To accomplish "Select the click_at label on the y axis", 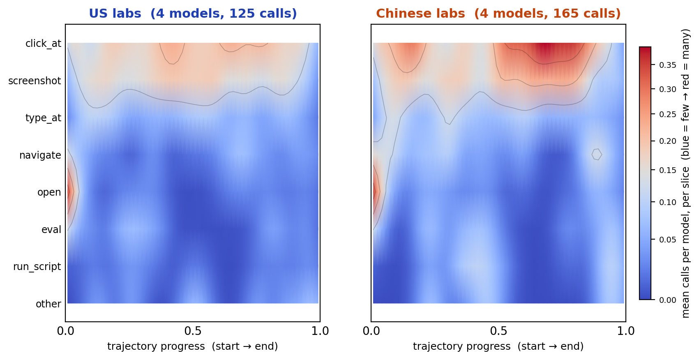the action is (x=43, y=44).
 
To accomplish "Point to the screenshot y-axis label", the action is (x=35, y=81).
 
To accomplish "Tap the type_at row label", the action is (x=43, y=118).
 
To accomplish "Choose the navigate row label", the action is (x=40, y=155).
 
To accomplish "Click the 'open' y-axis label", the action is (x=49, y=192).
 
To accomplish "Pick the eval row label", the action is (x=51, y=230).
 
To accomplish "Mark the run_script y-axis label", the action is (x=37, y=267).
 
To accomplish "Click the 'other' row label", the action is (x=48, y=304).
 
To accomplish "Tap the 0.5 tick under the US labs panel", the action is (x=193, y=331).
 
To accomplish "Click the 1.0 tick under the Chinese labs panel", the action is (x=626, y=331).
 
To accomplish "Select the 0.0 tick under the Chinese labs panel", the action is (x=371, y=331).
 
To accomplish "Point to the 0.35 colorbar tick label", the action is (x=667, y=65).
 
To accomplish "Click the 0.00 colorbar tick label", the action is (x=667, y=300).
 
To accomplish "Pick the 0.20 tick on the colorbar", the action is (x=667, y=141).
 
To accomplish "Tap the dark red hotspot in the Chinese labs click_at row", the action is (x=544, y=50).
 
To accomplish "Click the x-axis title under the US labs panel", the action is (x=193, y=346).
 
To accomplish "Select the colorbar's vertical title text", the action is (x=685, y=173).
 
